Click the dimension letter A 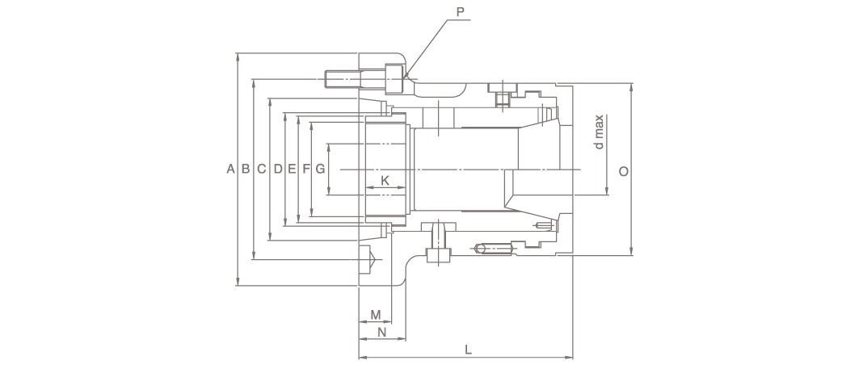pyautogui.click(x=230, y=169)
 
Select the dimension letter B pyautogui.click(x=246, y=169)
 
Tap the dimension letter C pyautogui.click(x=262, y=169)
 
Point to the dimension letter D pyautogui.click(x=278, y=169)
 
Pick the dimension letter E pyautogui.click(x=292, y=169)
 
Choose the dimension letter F pyautogui.click(x=306, y=169)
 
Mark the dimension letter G pyautogui.click(x=320, y=169)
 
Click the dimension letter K pyautogui.click(x=385, y=181)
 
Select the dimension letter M pyautogui.click(x=376, y=315)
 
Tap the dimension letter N pyautogui.click(x=381, y=333)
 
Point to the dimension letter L pyautogui.click(x=468, y=350)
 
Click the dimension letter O pyautogui.click(x=624, y=172)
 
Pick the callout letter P pyautogui.click(x=460, y=11)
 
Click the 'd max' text pyautogui.click(x=599, y=132)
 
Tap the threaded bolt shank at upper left pyautogui.click(x=343, y=79)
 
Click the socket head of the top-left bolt pyautogui.click(x=394, y=79)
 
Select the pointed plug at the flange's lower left pyautogui.click(x=367, y=259)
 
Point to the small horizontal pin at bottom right pyautogui.click(x=494, y=249)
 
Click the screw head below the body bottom pyautogui.click(x=439, y=255)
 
